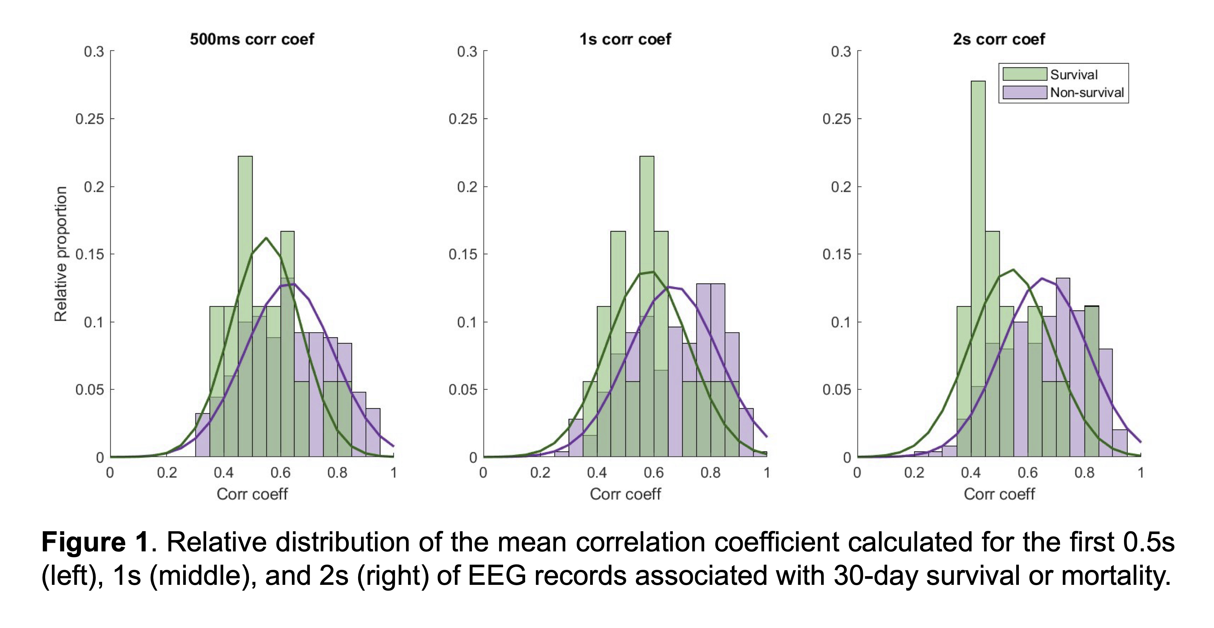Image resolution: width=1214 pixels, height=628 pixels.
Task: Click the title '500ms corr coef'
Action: [252, 39]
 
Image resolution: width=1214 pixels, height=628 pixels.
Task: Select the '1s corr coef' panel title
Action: [625, 39]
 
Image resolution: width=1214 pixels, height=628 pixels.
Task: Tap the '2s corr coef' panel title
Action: [999, 39]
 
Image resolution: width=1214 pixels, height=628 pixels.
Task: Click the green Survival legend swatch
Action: [1025, 74]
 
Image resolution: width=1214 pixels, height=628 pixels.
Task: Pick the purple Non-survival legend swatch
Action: [1025, 92]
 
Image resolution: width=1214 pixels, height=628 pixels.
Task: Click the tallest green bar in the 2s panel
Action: [978, 269]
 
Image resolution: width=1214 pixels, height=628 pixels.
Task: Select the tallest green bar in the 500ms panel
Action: [245, 306]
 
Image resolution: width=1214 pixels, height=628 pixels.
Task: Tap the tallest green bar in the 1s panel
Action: [647, 306]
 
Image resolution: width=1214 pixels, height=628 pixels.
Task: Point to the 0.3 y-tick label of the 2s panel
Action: [841, 51]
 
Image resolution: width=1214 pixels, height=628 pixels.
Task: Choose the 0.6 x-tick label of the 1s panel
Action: [654, 472]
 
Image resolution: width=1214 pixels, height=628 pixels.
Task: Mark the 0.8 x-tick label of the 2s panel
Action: [1084, 472]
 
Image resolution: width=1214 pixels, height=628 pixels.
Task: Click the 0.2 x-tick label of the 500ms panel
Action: [167, 472]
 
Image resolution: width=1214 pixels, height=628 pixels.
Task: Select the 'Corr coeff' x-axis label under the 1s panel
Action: [625, 494]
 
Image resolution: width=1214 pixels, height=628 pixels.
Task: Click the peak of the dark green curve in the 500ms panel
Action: [266, 238]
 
